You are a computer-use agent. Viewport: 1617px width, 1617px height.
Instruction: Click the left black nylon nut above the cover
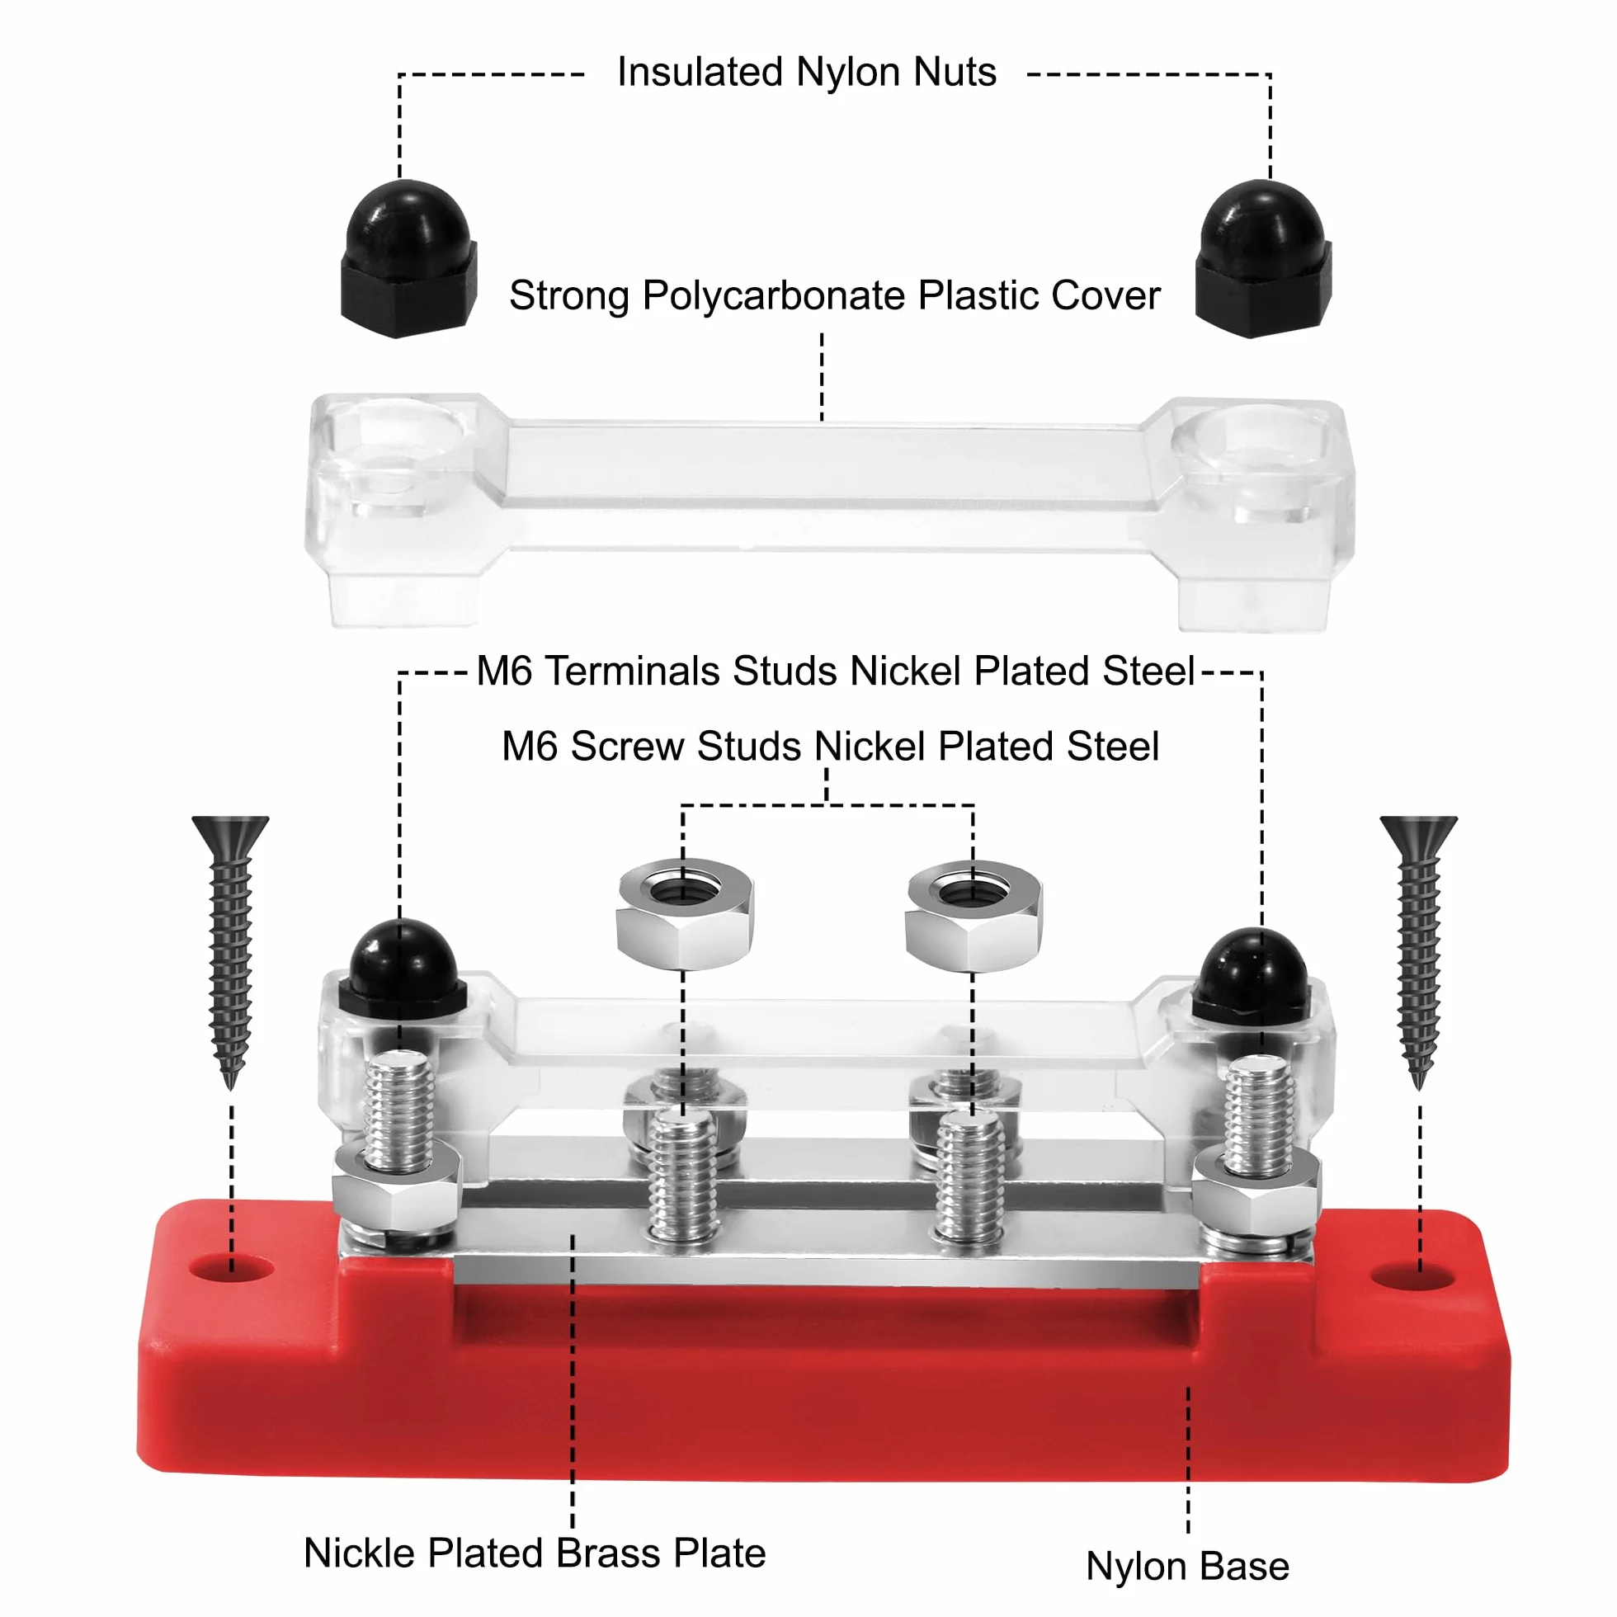tap(408, 259)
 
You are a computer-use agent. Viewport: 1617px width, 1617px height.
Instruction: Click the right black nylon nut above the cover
tap(1263, 259)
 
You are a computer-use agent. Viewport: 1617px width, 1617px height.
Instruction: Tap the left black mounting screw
tap(230, 950)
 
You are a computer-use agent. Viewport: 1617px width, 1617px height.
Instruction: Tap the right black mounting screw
tap(1419, 950)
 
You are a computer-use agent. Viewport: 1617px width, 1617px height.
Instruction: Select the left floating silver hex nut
tap(685, 914)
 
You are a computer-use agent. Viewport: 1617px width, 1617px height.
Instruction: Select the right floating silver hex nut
tap(973, 916)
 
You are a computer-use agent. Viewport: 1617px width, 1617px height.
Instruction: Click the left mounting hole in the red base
tap(232, 1269)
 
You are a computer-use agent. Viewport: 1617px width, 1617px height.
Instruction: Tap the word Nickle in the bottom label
tap(359, 1553)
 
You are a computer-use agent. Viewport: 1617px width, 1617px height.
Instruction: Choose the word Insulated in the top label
tap(700, 72)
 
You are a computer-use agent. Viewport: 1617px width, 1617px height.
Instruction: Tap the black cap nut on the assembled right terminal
tap(1253, 978)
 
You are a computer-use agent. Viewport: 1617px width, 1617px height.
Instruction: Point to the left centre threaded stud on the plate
tap(684, 1175)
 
